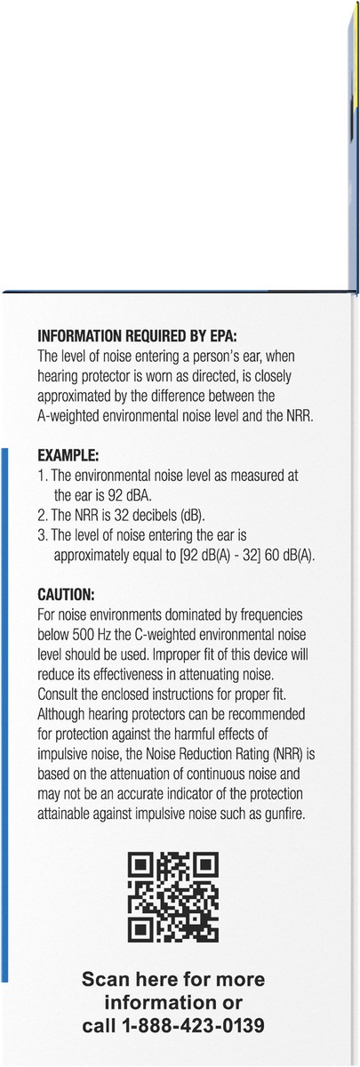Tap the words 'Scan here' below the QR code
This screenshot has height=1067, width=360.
pyautogui.click(x=120, y=980)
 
